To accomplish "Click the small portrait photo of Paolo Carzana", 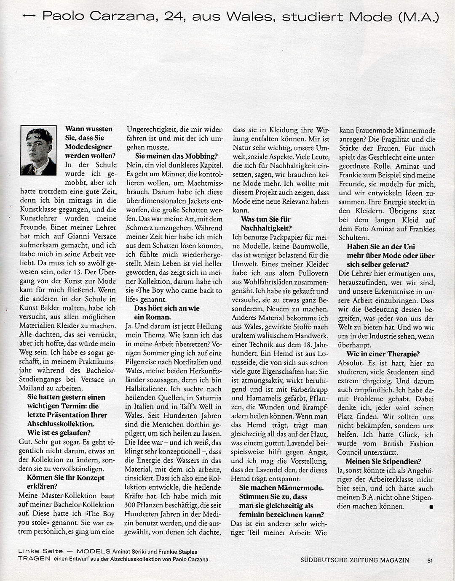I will pos(38,150).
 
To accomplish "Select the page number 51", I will pos(430,560).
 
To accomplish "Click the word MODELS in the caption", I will pos(94,551).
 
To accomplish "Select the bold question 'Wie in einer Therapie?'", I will pos(383,354).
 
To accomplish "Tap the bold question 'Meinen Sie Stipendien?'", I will pos(383,462).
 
